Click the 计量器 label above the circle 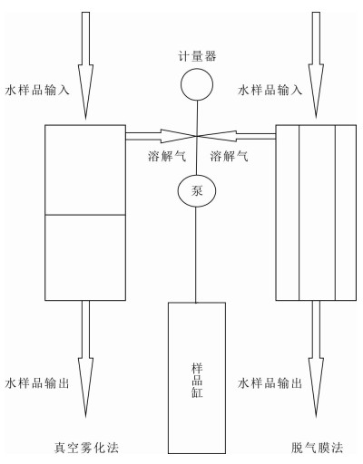(197, 56)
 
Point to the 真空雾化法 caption (86, 448)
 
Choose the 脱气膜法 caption (318, 448)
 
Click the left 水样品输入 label (37, 90)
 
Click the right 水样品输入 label (270, 90)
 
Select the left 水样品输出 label (37, 383)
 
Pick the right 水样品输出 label (270, 383)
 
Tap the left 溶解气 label (167, 156)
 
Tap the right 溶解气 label (230, 156)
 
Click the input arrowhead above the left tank (85, 92)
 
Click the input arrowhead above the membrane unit (316, 91)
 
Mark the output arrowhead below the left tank (85, 388)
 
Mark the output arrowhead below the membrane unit (316, 388)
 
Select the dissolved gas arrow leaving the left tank (162, 136)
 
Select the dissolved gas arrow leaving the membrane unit (236, 136)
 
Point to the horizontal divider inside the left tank (85, 215)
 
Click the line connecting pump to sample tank (196, 255)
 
